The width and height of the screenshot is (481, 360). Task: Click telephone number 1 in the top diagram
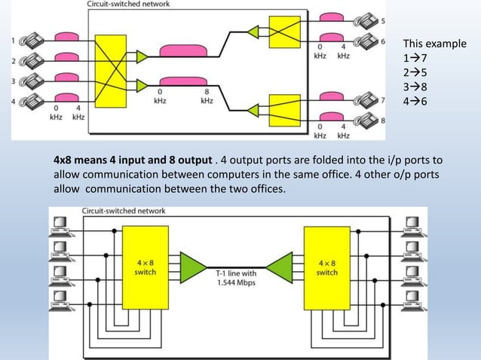point(34,40)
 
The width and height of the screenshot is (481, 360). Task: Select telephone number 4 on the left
point(34,99)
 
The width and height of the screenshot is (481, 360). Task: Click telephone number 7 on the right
point(368,99)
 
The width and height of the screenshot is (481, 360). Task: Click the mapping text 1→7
point(416,58)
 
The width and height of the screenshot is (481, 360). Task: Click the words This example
point(434,44)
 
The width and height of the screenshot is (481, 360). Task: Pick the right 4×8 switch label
point(327,267)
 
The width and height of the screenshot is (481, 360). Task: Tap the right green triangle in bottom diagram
point(280,267)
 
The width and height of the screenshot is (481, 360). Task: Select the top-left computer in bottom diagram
point(61,224)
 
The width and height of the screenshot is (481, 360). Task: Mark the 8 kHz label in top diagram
point(206,96)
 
